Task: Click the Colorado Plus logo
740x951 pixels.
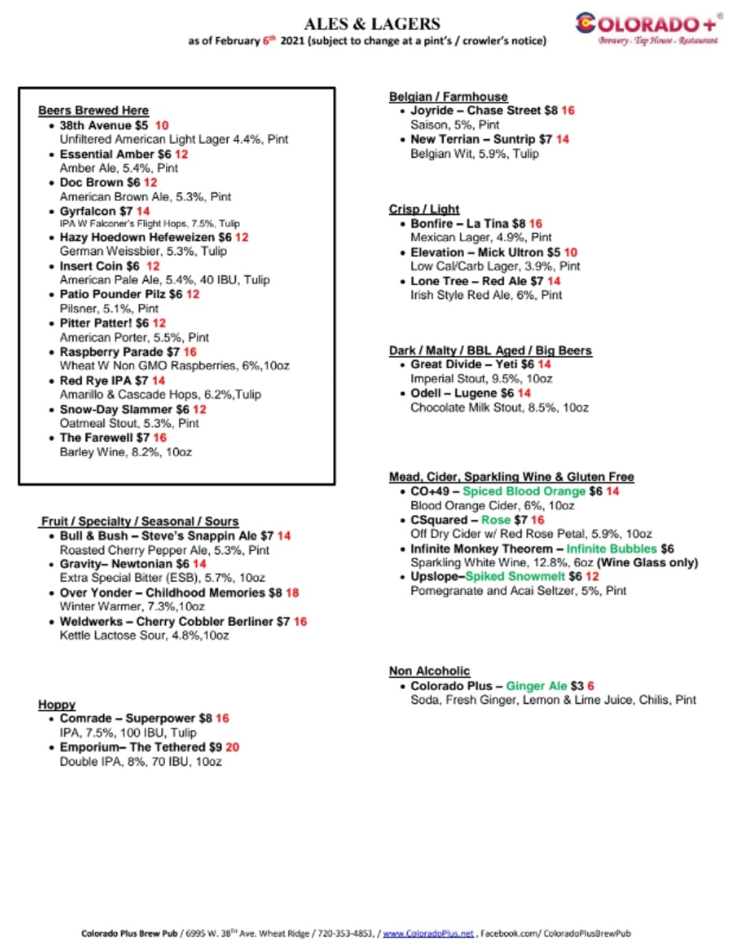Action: coord(647,27)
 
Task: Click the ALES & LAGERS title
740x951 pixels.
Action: coord(372,24)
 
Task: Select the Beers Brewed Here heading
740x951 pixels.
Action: coord(93,110)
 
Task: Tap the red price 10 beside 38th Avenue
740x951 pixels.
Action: coord(162,125)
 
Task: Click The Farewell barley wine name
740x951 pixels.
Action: coord(95,437)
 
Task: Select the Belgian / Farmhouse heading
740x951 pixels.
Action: coord(448,97)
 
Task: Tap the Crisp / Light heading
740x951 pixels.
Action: coord(424,209)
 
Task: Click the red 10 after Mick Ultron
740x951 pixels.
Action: coord(571,252)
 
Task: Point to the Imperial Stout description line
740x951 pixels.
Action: coord(481,378)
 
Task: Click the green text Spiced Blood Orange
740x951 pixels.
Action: coord(524,491)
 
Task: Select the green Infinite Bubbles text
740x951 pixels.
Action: coord(611,549)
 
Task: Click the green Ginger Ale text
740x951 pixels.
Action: coord(536,686)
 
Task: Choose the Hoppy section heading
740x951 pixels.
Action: coord(57,704)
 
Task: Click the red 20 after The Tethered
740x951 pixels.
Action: coord(233,747)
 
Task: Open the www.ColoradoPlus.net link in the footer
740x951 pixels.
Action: coord(428,933)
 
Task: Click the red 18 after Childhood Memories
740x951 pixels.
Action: coord(293,592)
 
